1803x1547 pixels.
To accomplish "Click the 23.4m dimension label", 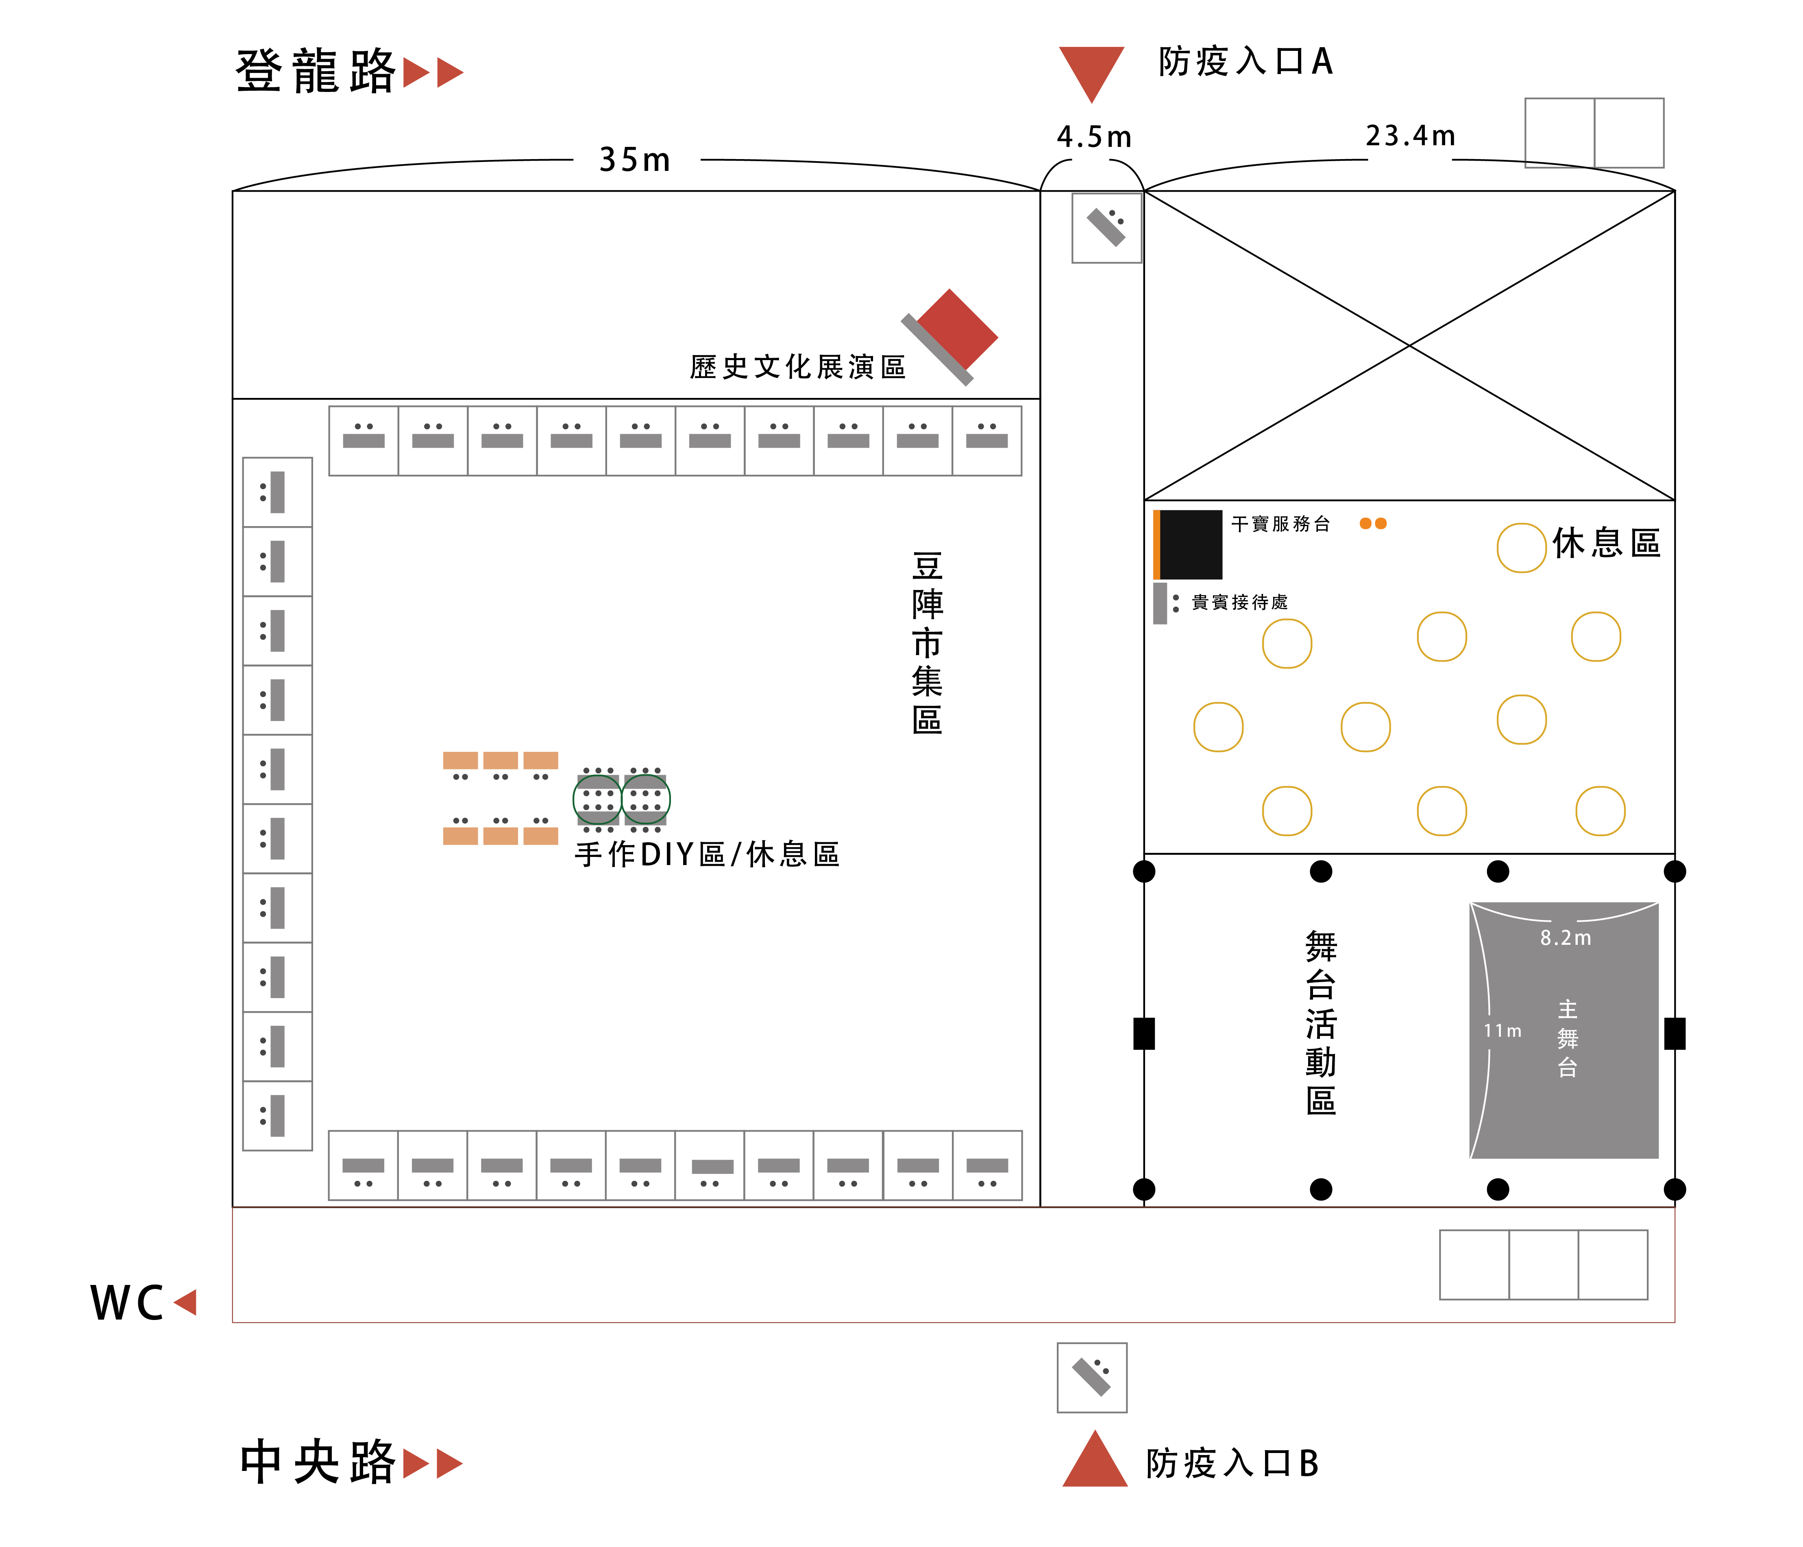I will (1410, 136).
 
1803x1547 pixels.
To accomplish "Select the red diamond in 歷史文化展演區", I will (957, 329).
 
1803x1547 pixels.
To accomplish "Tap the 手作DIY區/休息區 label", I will (707, 855).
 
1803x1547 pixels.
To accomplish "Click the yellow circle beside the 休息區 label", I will (1521, 548).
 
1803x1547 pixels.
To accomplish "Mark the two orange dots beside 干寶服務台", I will (1373, 523).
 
